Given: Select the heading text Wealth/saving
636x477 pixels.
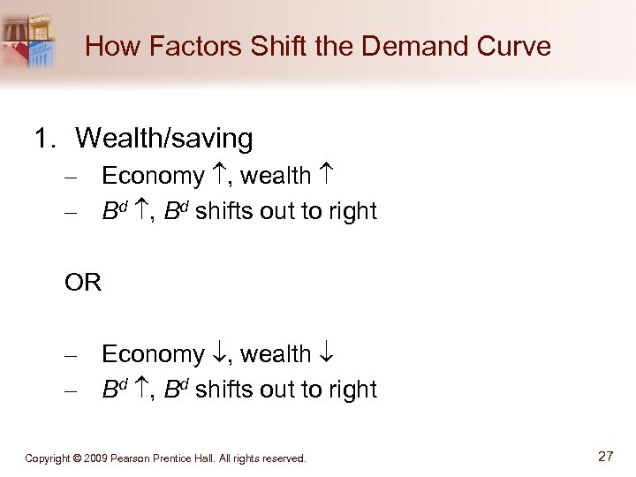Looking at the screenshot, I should click(x=164, y=138).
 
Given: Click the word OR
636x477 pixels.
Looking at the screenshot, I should click(x=83, y=283).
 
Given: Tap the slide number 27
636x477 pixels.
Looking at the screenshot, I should click(x=605, y=457).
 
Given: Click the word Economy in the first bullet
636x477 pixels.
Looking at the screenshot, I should click(x=153, y=177).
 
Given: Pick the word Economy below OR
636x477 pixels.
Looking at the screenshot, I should click(x=153, y=354).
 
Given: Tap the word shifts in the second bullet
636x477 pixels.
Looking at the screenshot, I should click(x=221, y=212).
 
